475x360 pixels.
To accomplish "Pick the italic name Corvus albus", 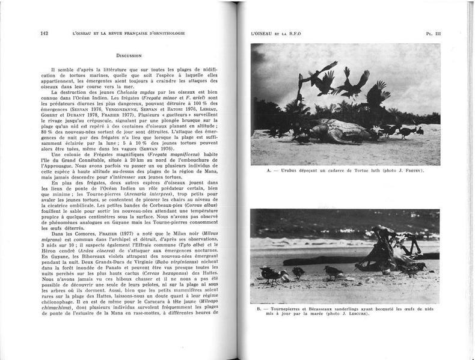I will [198, 206].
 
